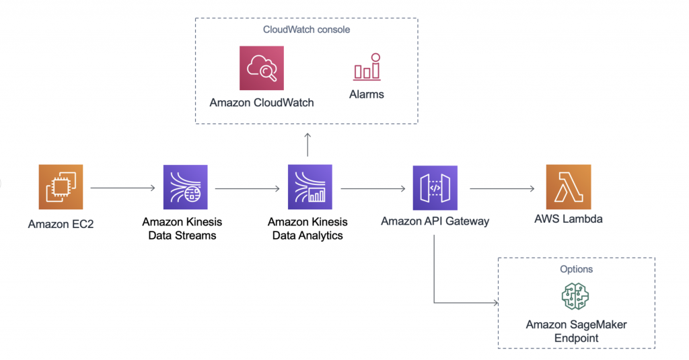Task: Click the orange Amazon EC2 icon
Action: [61, 187]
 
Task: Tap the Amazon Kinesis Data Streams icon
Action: [186, 188]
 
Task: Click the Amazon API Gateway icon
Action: [435, 188]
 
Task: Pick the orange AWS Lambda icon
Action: [569, 187]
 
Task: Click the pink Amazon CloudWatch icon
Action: [262, 68]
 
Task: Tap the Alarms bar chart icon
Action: [367, 67]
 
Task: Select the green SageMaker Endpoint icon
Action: [575, 296]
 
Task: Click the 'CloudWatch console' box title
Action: [306, 30]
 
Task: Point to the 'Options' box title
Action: [576, 269]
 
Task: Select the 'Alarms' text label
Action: [367, 95]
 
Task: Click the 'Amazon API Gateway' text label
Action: [435, 221]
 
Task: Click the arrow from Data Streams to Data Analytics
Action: [248, 188]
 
